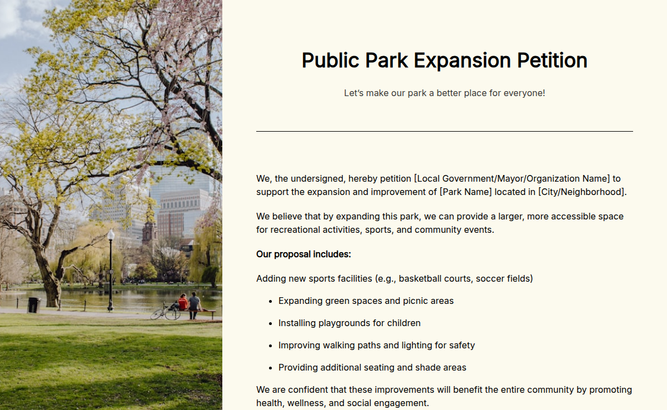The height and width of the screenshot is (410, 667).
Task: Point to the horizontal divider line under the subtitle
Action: [444, 132]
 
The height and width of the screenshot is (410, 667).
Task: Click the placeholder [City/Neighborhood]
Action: [581, 192]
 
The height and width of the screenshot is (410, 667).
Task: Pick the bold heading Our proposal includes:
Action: [303, 254]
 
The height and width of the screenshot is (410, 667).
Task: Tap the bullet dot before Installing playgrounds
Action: [270, 323]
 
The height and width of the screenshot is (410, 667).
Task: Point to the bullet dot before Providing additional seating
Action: [270, 368]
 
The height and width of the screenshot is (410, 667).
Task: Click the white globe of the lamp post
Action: [111, 234]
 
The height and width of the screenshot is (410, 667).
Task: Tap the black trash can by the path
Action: [33, 304]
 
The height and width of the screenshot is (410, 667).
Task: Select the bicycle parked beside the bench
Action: [165, 312]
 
